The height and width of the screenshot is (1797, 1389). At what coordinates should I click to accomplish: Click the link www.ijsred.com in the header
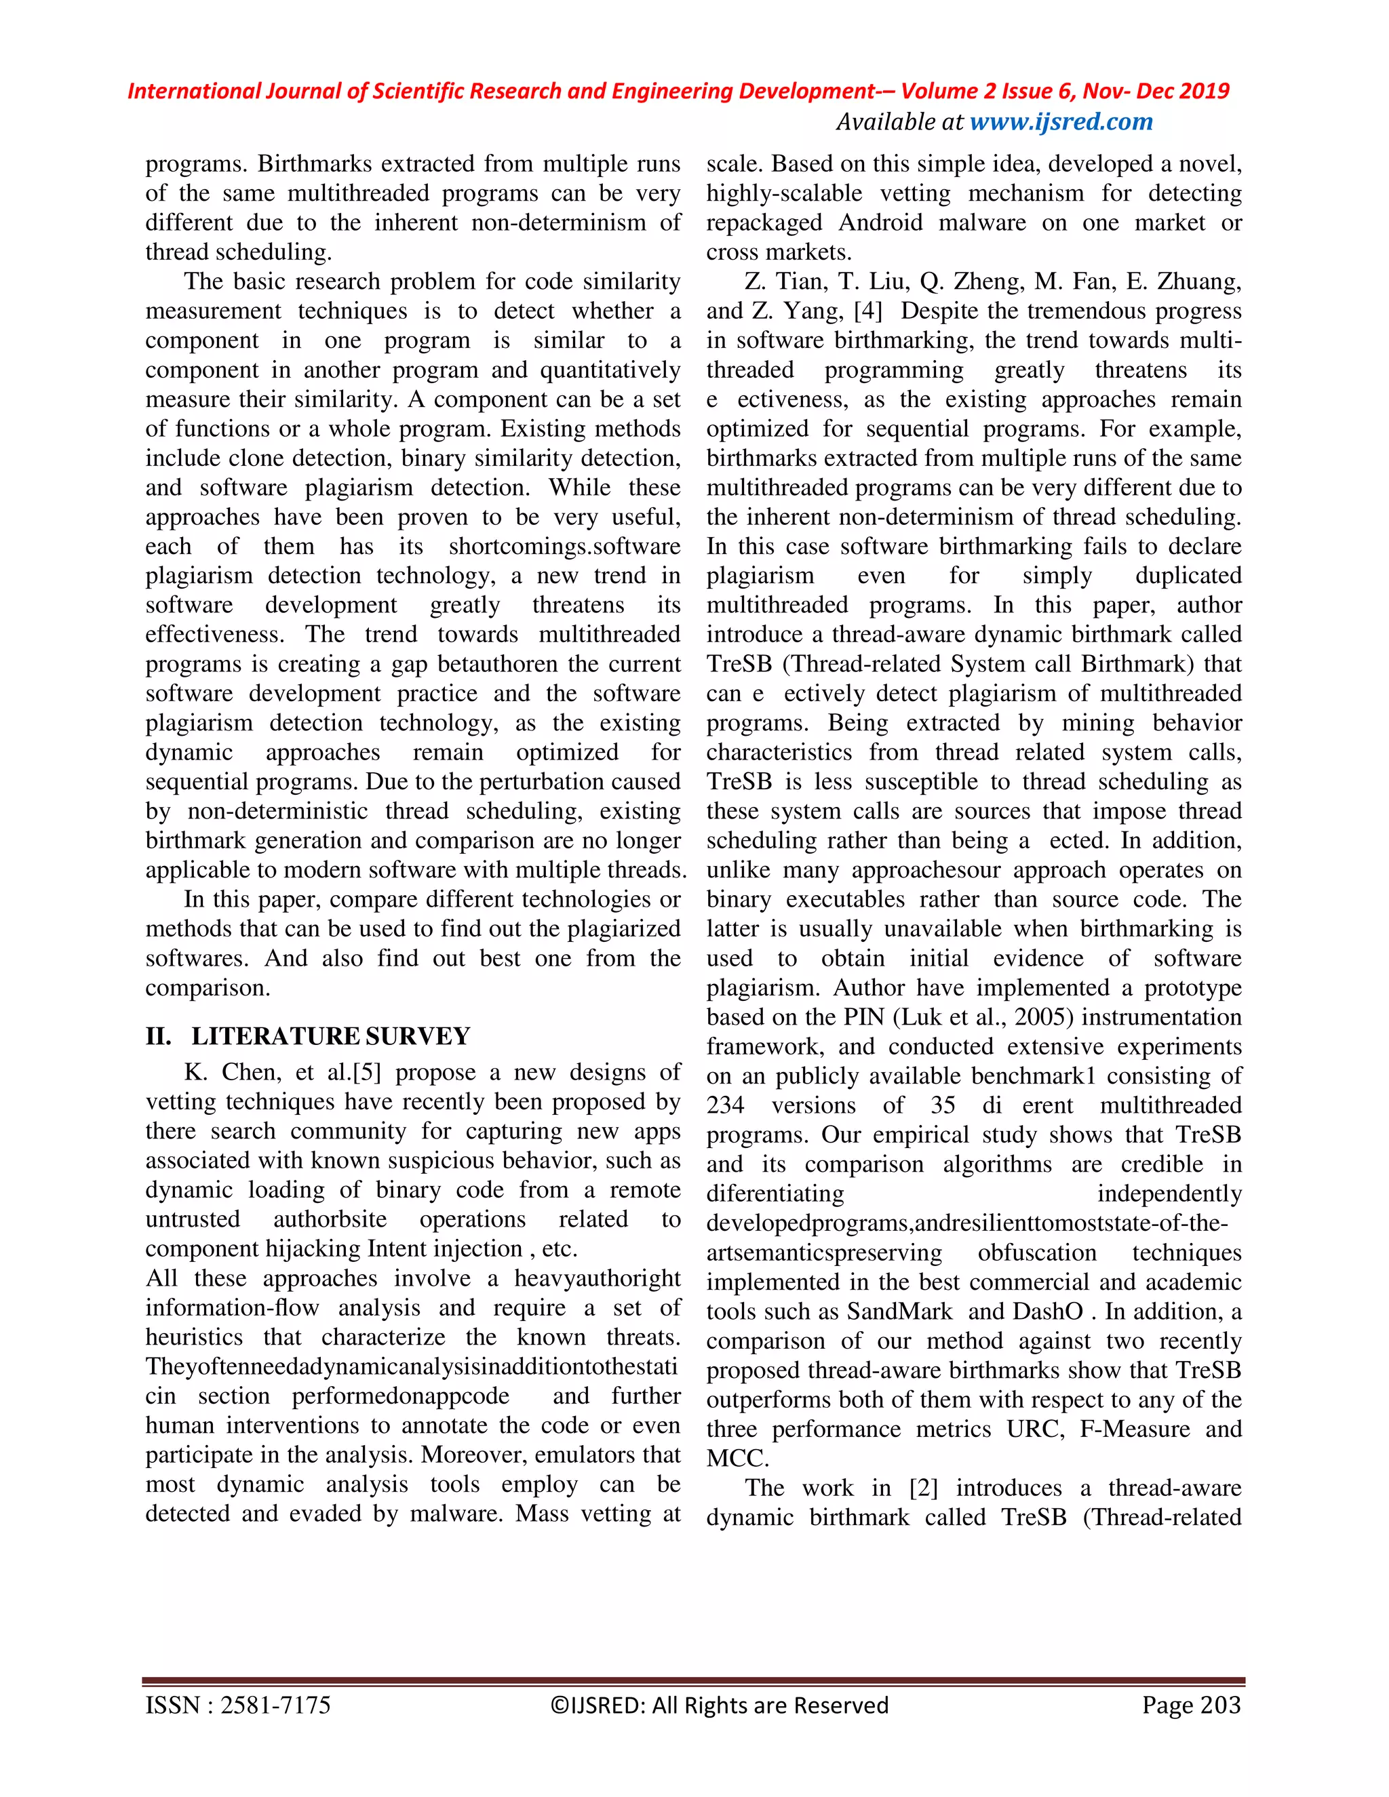click(x=1061, y=122)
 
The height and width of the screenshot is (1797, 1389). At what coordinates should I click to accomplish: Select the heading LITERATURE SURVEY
click(x=330, y=1036)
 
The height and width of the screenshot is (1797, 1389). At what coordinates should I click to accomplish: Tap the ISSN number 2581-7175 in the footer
click(x=275, y=1705)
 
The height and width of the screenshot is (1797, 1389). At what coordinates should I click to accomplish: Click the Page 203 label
click(x=1191, y=1705)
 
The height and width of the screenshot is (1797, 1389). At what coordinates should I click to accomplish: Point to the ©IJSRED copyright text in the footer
click(x=719, y=1705)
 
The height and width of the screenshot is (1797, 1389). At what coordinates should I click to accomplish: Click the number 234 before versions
click(x=724, y=1105)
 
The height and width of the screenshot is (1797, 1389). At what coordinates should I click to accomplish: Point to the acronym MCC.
click(x=737, y=1459)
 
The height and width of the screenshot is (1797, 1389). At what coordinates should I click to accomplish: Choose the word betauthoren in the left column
click(x=502, y=664)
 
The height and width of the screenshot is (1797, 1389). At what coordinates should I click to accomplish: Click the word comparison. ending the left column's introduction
click(x=208, y=987)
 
